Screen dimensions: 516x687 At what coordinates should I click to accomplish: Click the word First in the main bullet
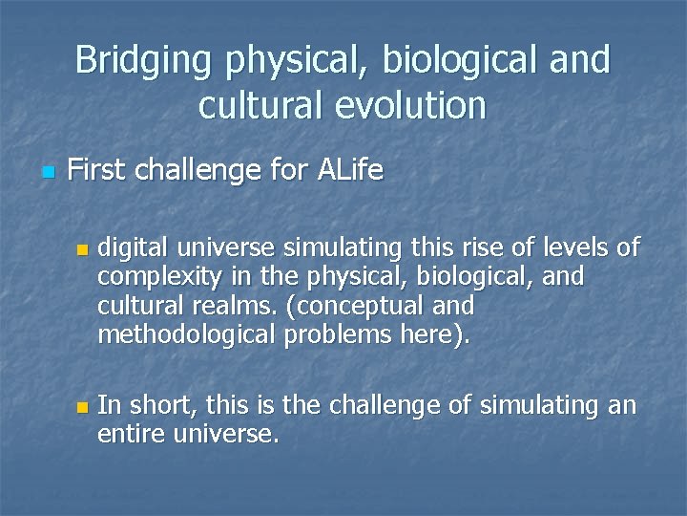tap(98, 171)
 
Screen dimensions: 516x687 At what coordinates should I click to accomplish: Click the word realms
tap(206, 307)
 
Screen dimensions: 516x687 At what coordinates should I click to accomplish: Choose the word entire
tap(128, 435)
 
